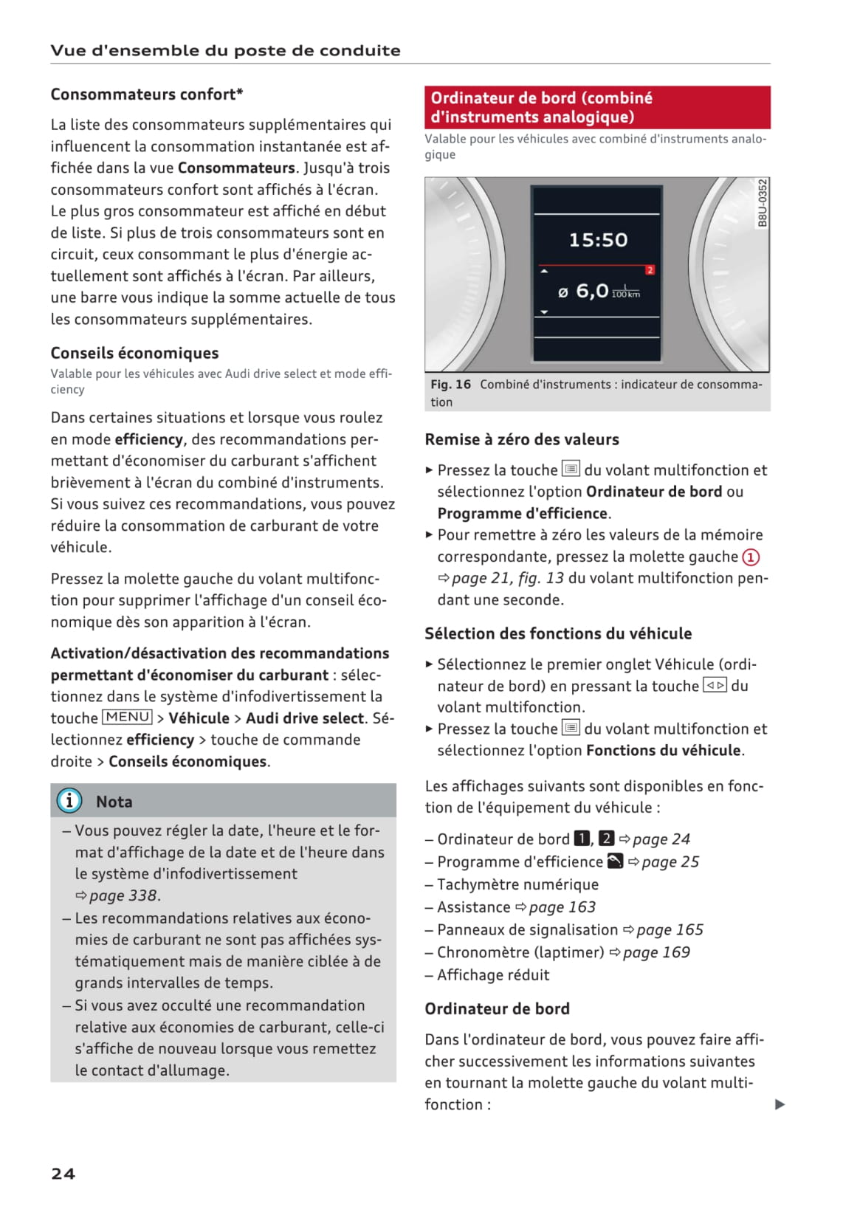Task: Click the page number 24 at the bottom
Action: [63, 1174]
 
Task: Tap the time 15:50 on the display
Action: [598, 240]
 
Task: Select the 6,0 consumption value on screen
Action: [592, 291]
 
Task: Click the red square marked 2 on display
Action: [650, 270]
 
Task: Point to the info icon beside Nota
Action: [69, 801]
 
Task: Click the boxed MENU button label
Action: [127, 717]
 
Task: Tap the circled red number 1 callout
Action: [751, 557]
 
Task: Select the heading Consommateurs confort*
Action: [147, 94]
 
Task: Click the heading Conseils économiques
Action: [134, 353]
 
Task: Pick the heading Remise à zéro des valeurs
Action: [522, 439]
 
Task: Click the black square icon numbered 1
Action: [582, 839]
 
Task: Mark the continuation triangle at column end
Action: [780, 1104]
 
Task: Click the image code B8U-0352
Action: [763, 203]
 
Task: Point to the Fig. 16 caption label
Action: [451, 385]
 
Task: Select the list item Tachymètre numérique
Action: [517, 884]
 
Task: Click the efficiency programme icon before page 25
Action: [615, 861]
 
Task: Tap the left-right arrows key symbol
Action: [715, 686]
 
